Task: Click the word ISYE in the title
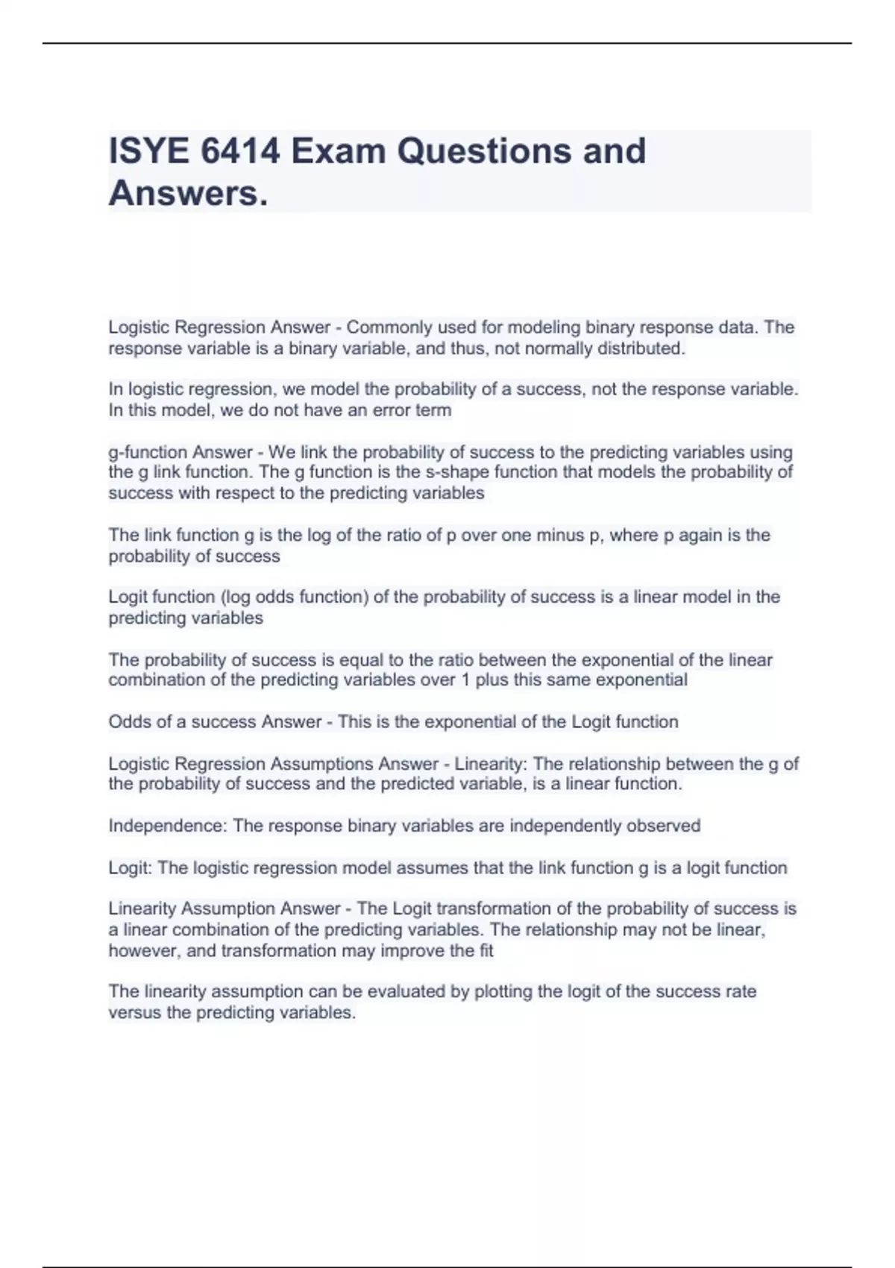pyautogui.click(x=148, y=151)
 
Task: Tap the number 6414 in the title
pyautogui.click(x=240, y=151)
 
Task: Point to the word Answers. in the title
pyautogui.click(x=188, y=194)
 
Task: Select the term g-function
pyautogui.click(x=148, y=452)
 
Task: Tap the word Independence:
pyautogui.click(x=169, y=826)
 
